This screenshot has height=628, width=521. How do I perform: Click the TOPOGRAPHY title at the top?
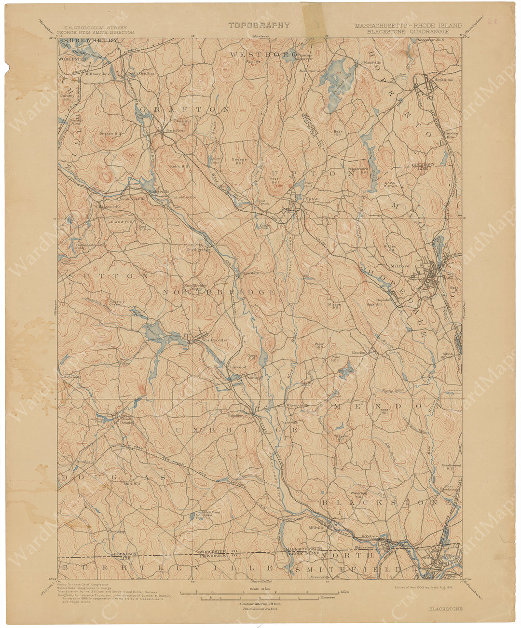pyautogui.click(x=259, y=26)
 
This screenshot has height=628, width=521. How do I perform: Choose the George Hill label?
pyautogui.click(x=239, y=161)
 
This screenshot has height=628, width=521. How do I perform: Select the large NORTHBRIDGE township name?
pyautogui.click(x=219, y=292)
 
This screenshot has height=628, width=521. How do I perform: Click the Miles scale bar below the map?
pyautogui.click(x=260, y=591)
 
